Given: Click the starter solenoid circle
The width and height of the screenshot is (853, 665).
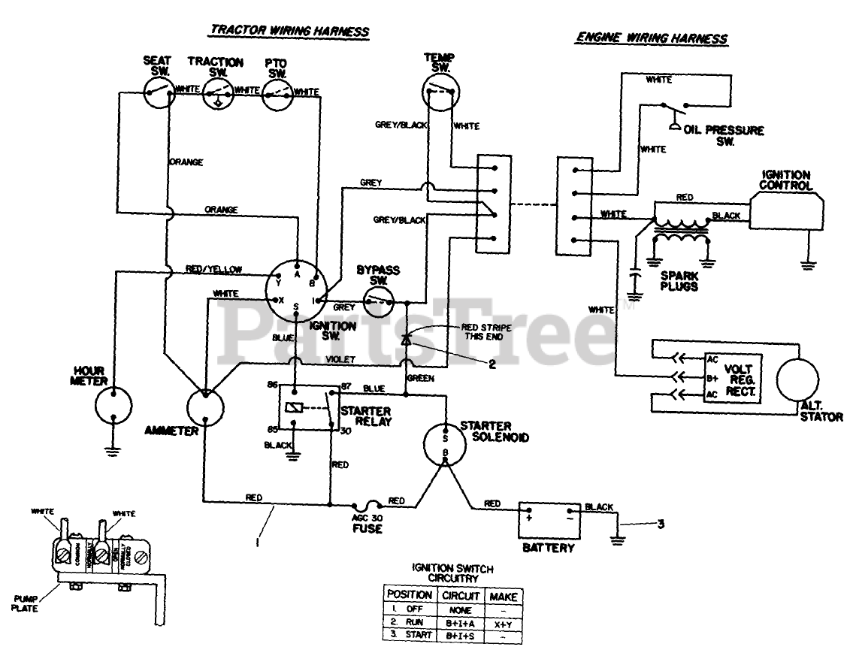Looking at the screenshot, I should tap(444, 441).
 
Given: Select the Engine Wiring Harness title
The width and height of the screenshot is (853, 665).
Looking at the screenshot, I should tap(651, 37).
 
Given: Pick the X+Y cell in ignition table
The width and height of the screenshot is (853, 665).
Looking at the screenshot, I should tap(502, 623).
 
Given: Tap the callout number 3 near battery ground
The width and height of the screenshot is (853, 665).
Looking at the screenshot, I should tap(661, 524).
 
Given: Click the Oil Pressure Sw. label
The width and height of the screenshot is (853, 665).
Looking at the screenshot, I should tap(724, 135).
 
